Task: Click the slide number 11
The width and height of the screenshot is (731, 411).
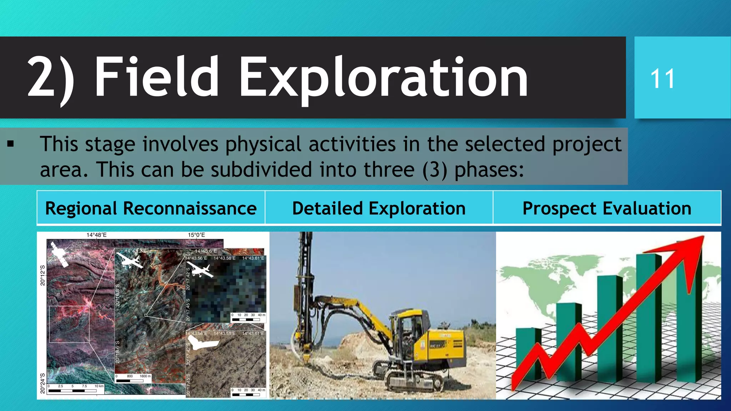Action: pos(662,79)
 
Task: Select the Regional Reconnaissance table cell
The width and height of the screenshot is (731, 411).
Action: pos(151,208)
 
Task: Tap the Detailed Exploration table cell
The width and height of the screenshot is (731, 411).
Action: pos(379,208)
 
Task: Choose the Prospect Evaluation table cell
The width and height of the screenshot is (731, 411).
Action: pos(607,208)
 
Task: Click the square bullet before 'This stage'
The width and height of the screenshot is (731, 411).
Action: pos(11,144)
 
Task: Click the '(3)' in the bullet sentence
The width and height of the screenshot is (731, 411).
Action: pos(434,169)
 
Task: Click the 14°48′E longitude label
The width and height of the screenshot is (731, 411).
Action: pos(96,235)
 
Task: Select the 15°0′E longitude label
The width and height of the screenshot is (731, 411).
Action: pos(196,235)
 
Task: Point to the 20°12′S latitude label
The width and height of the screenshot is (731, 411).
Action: pos(42,275)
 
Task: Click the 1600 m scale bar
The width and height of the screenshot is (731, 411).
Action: pos(130,381)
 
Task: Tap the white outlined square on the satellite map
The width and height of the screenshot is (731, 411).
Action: pos(69,324)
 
